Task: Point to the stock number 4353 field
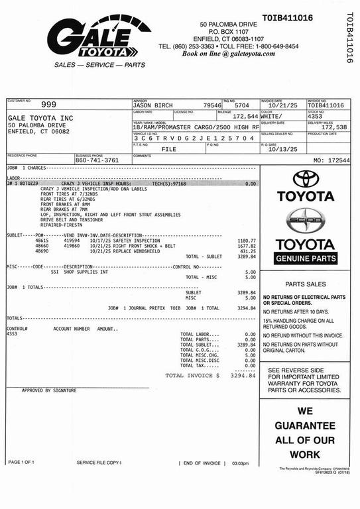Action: tap(315, 116)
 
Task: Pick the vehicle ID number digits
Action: tap(193, 138)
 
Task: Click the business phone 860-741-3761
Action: tap(97, 160)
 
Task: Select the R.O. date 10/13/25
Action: tap(278, 148)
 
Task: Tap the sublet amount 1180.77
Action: tap(246, 241)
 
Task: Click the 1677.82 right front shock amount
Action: tap(246, 246)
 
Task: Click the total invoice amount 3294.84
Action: tap(242, 375)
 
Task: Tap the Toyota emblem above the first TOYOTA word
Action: tap(306, 178)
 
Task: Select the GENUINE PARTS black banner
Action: tap(306, 258)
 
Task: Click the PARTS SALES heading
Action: tap(305, 283)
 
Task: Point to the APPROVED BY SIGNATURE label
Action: tap(49, 390)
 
